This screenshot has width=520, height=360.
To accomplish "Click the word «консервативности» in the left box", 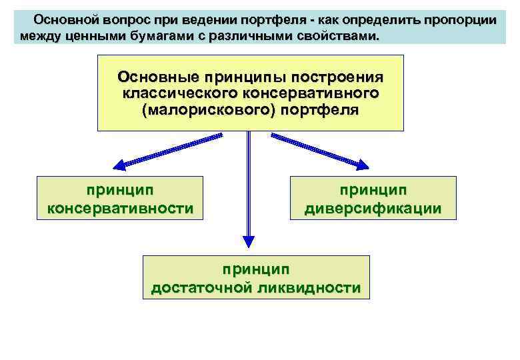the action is [120, 209].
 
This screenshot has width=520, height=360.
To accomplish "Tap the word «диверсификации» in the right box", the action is [373, 209].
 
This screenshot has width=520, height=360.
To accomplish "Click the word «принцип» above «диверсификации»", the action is [373, 191].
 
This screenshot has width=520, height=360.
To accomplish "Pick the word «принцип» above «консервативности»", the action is [120, 191].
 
